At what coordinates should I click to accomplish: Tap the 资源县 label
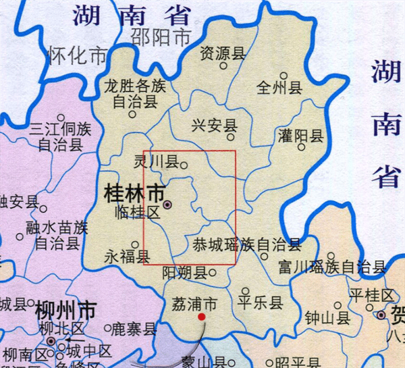(x=223, y=53)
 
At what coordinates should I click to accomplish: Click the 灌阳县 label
(x=301, y=136)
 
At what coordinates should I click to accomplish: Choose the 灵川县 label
(x=157, y=163)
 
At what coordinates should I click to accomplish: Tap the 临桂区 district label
(x=137, y=213)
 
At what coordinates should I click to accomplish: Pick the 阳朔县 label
(x=184, y=273)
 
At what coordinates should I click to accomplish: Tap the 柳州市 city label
(x=65, y=312)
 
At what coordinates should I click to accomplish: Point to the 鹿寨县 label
(x=134, y=330)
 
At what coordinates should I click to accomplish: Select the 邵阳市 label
(x=161, y=37)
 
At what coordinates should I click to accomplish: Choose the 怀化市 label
(x=78, y=54)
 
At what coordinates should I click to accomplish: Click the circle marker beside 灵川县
(x=184, y=163)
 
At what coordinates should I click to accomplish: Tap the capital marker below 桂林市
(x=167, y=204)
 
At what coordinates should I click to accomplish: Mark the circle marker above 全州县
(x=283, y=76)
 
